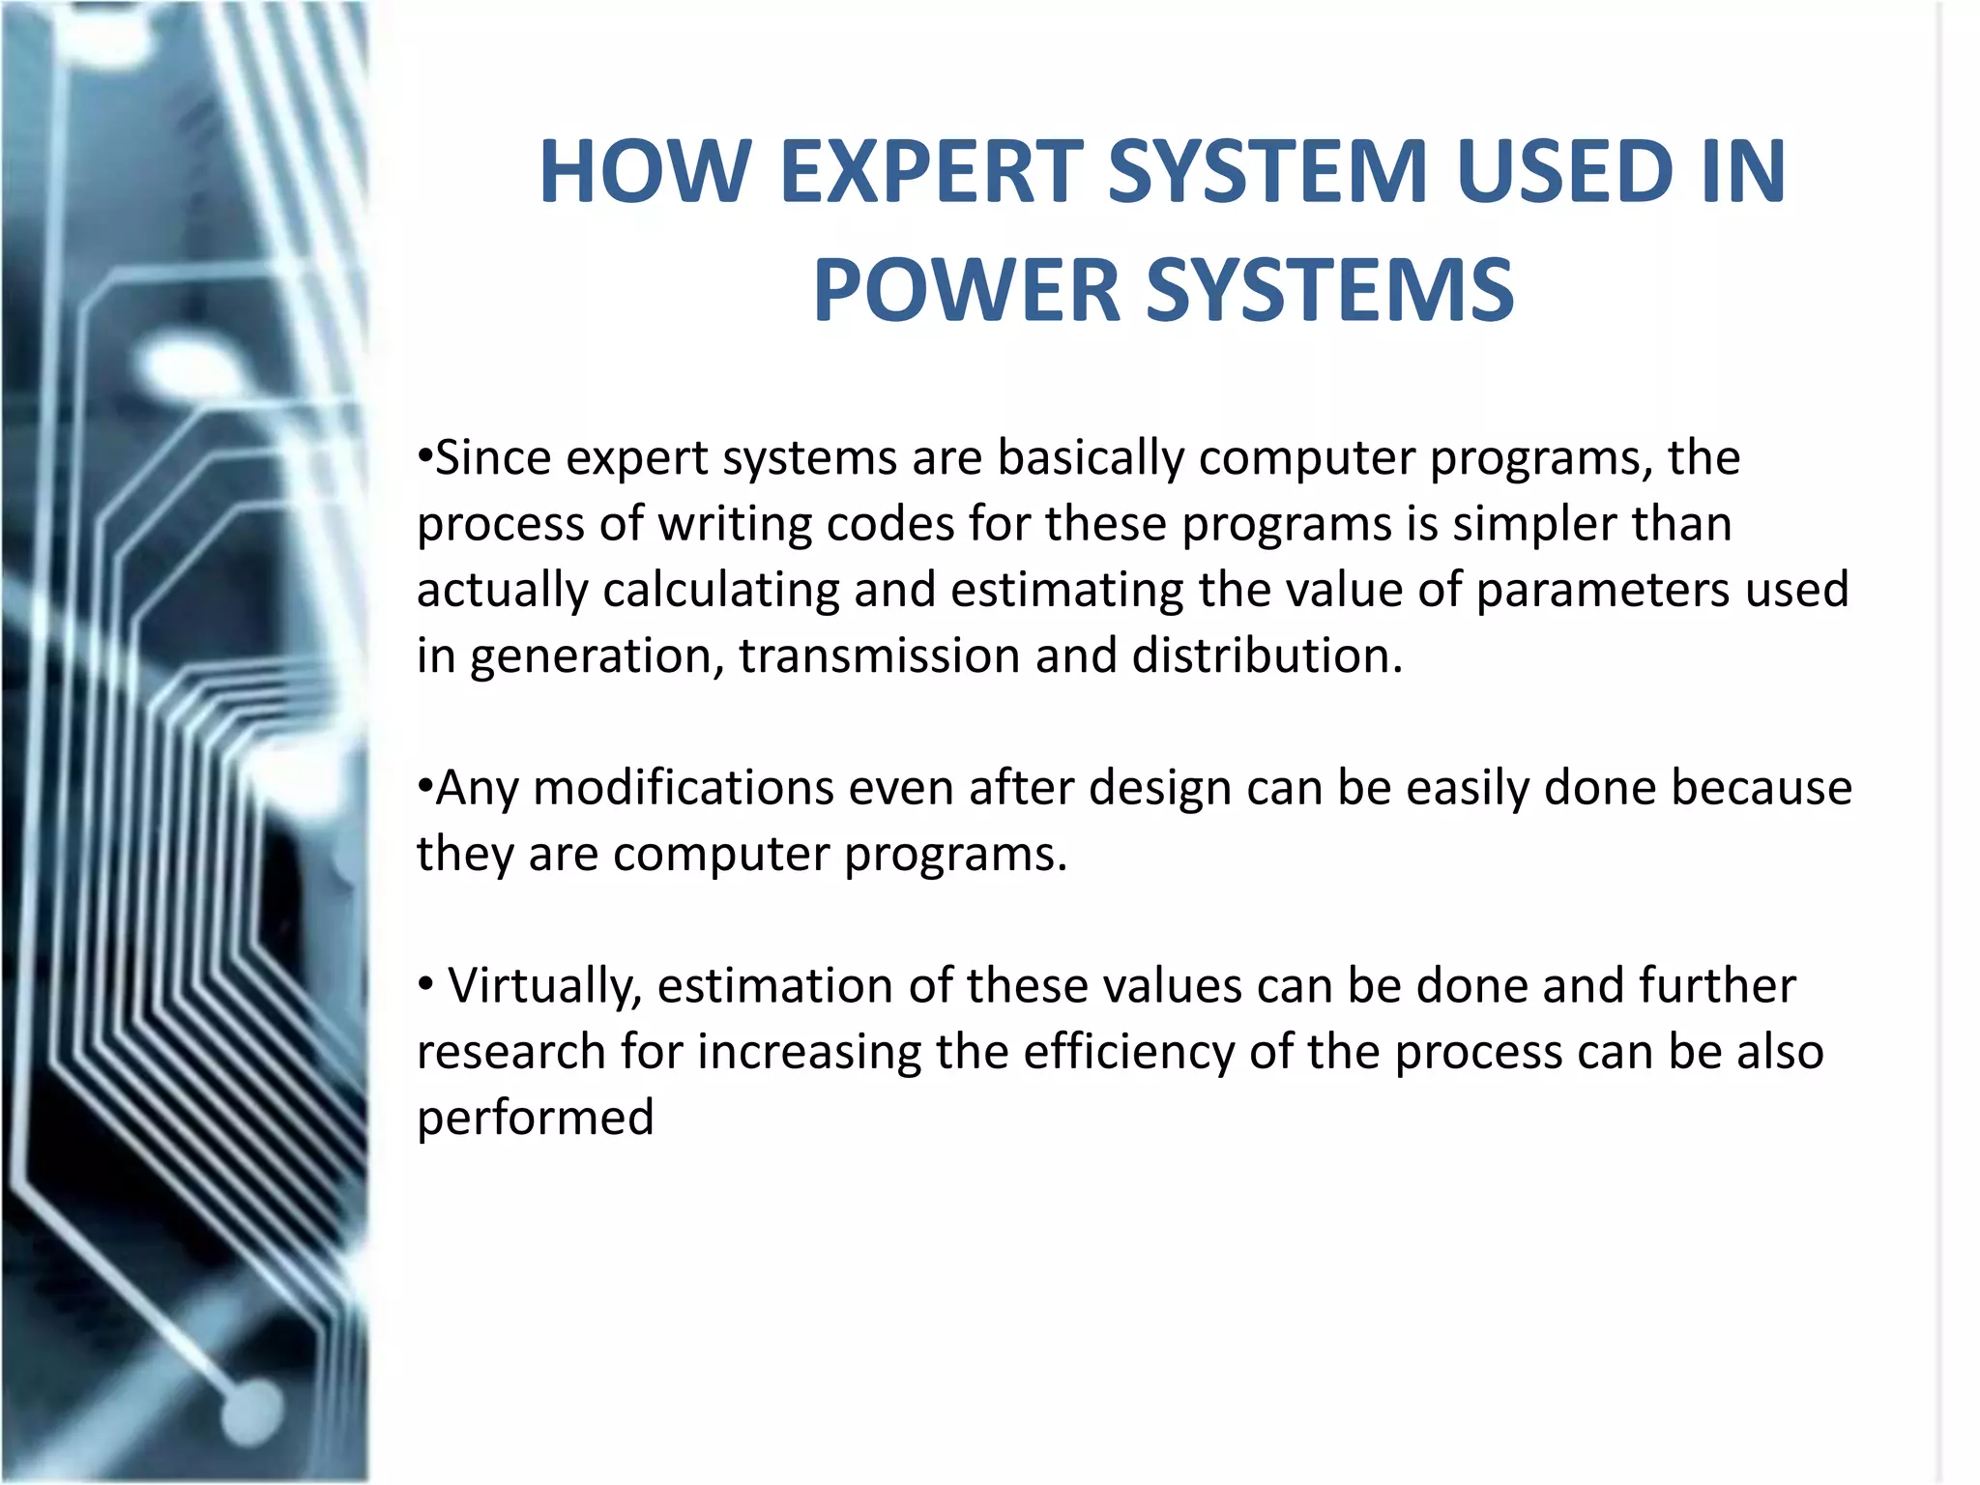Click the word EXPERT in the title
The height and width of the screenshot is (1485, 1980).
(929, 172)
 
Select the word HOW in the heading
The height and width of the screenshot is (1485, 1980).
(645, 172)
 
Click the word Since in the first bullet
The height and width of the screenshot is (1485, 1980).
(493, 457)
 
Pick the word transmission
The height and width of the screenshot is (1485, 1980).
(879, 655)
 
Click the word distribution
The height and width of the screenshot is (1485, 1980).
(1267, 655)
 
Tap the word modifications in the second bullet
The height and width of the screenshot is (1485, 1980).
(684, 787)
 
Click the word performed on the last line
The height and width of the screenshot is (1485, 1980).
(536, 1119)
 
